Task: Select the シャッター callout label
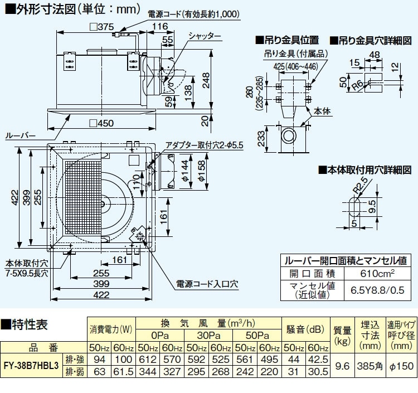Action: tap(205, 36)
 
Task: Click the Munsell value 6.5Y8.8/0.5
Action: tap(373, 290)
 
